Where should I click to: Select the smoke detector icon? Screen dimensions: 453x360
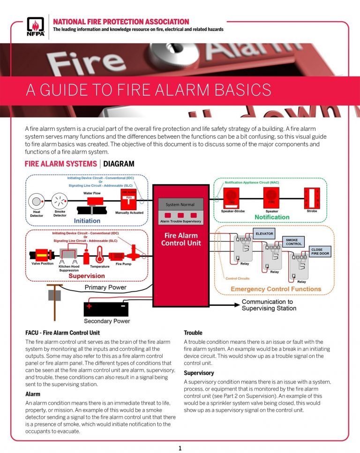60,202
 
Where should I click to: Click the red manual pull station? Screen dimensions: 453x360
128,200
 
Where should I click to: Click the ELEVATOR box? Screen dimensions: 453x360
264,233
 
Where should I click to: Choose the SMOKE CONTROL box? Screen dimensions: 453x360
293,242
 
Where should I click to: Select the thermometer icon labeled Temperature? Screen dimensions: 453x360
99,256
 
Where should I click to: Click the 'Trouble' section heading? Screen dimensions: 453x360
193,332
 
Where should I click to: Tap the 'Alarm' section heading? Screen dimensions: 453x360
32,394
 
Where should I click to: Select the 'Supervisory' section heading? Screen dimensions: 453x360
199,373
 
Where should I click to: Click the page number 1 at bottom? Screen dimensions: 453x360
180,448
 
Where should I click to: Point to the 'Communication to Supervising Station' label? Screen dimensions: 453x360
269,305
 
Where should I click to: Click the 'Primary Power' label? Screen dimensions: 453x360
105,287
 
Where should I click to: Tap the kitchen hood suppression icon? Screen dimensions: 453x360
69,256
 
